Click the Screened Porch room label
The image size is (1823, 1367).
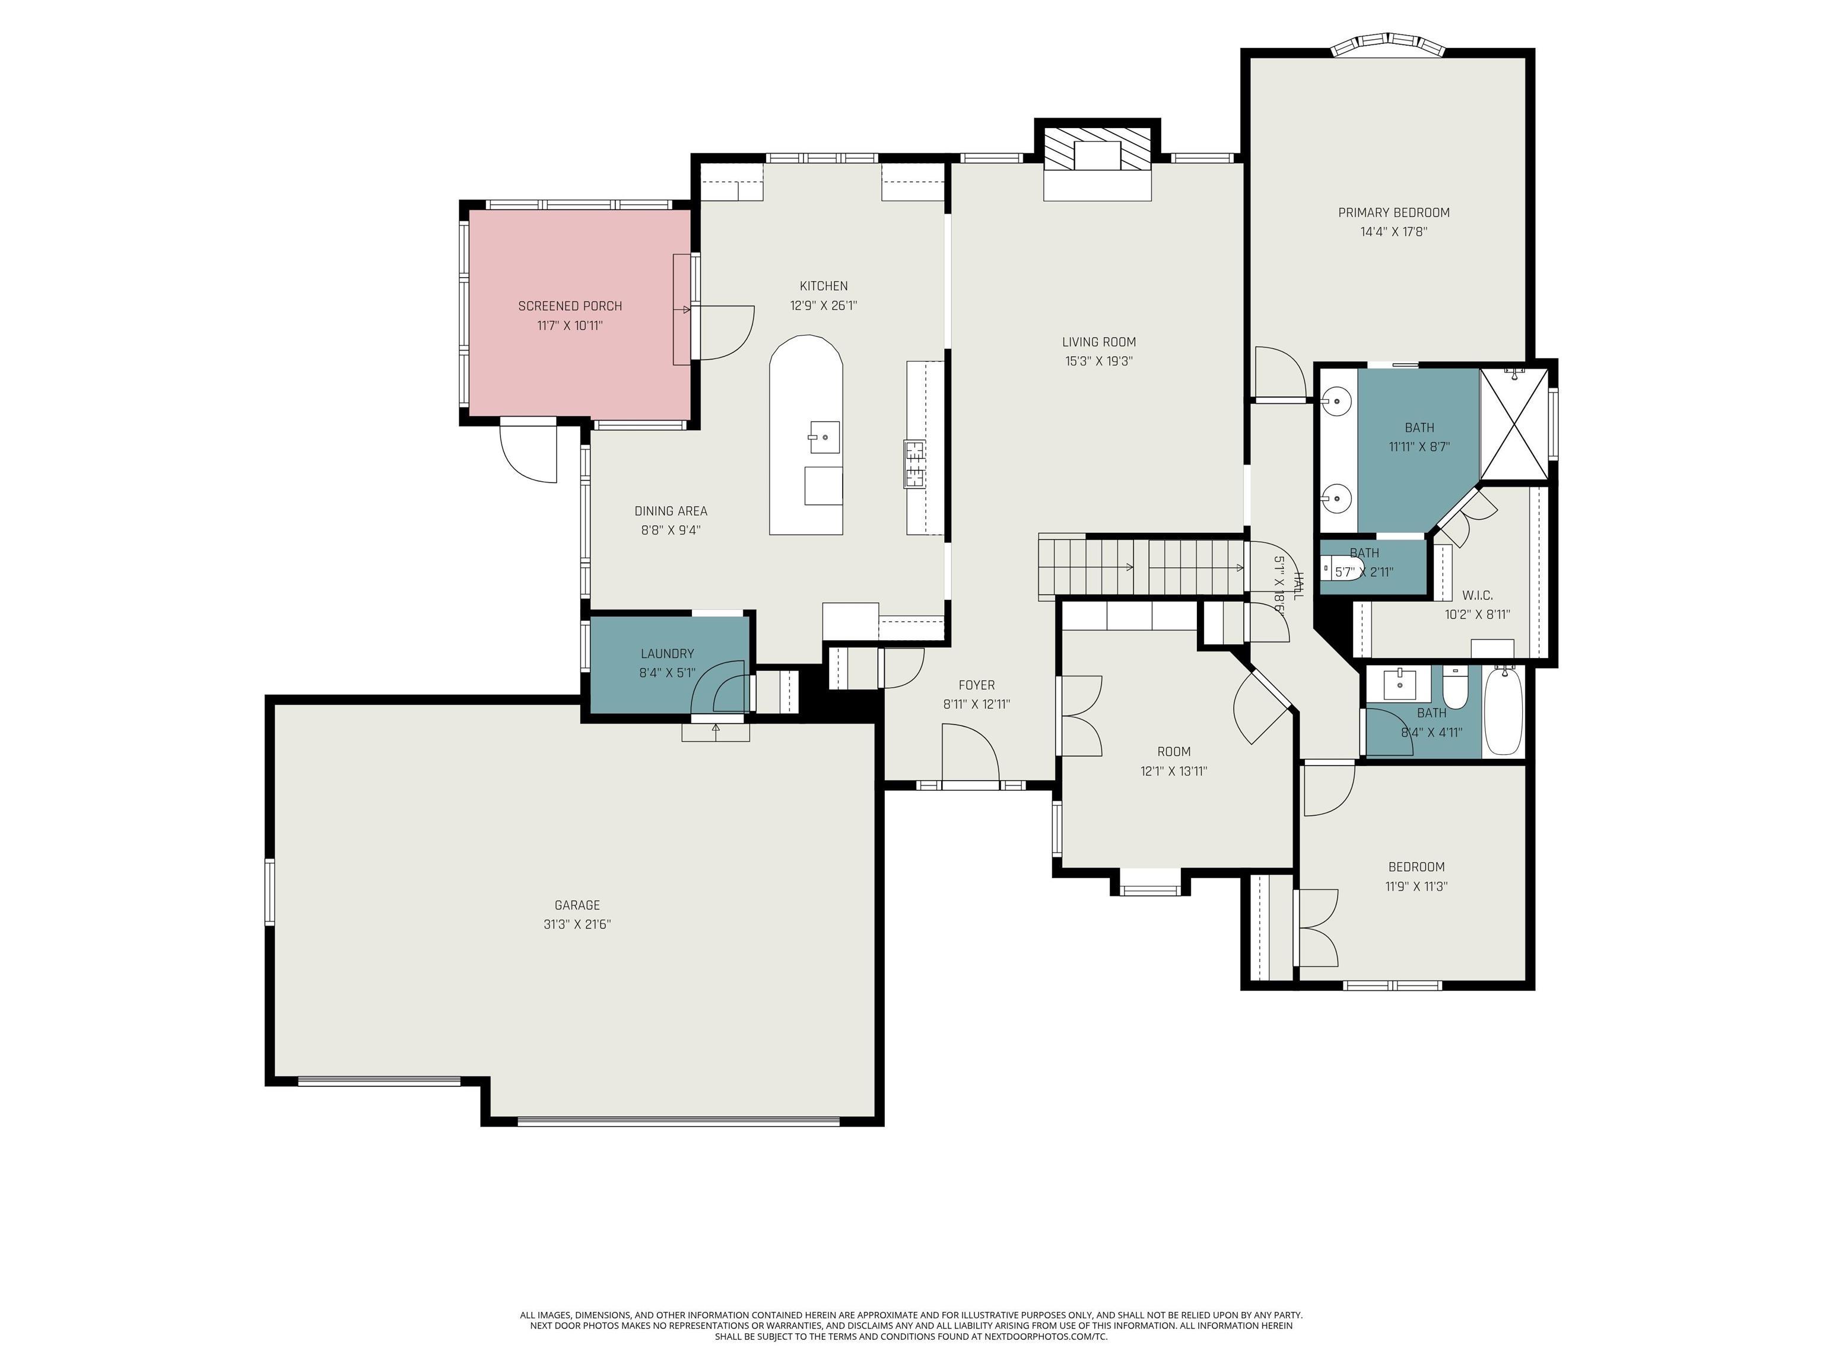tap(570, 306)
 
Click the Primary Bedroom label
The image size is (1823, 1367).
tap(1393, 212)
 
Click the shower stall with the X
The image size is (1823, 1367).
tap(1515, 424)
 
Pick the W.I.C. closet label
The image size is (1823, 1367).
tap(1477, 595)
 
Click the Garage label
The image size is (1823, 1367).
tap(577, 905)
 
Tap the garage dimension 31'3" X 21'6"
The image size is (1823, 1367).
tap(577, 924)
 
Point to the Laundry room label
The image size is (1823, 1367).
tap(668, 653)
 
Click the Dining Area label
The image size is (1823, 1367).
tap(671, 511)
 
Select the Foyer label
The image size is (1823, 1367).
tap(977, 685)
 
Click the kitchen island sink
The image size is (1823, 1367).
tap(824, 437)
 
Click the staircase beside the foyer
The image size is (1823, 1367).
tap(1141, 566)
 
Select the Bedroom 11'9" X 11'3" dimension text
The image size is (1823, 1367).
tap(1417, 886)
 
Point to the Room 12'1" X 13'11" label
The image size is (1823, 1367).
tap(1174, 761)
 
